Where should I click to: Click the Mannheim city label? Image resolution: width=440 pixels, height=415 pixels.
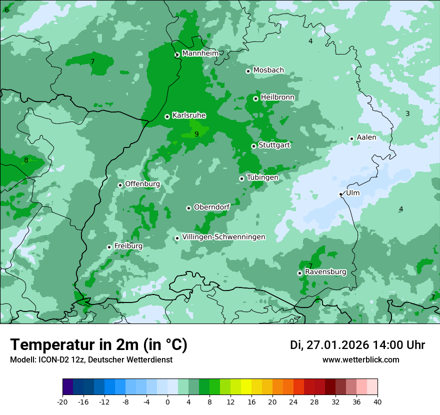pyautogui.click(x=200, y=53)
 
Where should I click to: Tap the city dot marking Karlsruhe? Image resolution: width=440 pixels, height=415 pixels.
pyautogui.click(x=167, y=116)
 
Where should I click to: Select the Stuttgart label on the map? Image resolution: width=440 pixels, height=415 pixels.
pyautogui.click(x=274, y=145)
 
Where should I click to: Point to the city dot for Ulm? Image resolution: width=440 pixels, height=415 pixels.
pyautogui.click(x=341, y=194)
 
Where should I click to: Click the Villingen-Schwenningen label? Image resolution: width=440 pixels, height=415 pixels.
pyautogui.click(x=223, y=237)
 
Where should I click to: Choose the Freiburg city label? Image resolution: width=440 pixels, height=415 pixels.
pyautogui.click(x=128, y=246)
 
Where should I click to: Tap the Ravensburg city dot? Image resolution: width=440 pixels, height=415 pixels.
pyautogui.click(x=299, y=273)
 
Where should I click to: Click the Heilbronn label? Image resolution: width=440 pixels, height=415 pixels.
pyautogui.click(x=277, y=97)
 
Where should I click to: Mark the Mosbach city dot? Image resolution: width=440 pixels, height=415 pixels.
pyautogui.click(x=248, y=71)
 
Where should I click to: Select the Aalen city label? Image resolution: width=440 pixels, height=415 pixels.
pyautogui.click(x=366, y=137)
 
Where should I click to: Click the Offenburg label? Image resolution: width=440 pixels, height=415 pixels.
pyautogui.click(x=142, y=184)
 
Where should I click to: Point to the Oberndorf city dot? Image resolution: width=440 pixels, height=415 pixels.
pyautogui.click(x=188, y=208)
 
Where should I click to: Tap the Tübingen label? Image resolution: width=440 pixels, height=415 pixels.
pyautogui.click(x=262, y=177)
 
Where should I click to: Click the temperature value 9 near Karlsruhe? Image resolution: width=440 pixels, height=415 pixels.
pyautogui.click(x=196, y=134)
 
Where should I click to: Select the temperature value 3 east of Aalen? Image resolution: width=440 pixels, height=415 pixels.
pyautogui.click(x=407, y=114)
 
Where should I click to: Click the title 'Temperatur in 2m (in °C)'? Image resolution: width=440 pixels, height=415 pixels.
pyautogui.click(x=99, y=345)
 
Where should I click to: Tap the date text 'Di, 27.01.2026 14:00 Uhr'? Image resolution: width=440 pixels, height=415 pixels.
pyautogui.click(x=357, y=345)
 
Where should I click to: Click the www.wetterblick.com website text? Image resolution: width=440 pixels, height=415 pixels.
pyautogui.click(x=360, y=360)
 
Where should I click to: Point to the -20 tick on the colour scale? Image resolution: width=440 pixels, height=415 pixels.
pyautogui.click(x=62, y=401)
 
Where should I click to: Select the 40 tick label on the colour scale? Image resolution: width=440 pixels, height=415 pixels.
pyautogui.click(x=377, y=401)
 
